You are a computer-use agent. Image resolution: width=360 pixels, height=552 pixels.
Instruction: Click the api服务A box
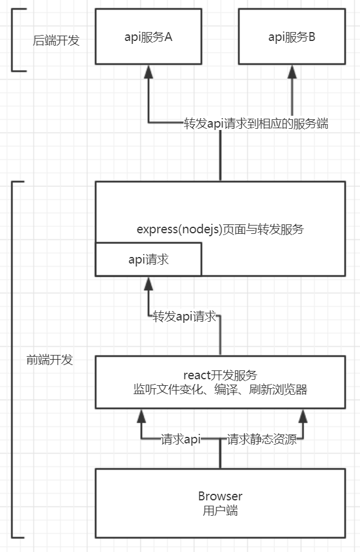point(149,37)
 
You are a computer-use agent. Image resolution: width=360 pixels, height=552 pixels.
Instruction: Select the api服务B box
point(292,37)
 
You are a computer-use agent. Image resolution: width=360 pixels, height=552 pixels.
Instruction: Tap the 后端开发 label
point(56,41)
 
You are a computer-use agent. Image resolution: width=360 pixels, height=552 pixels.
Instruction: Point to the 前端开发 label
point(50,360)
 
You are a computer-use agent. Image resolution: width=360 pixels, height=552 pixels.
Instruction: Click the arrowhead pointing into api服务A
point(149,71)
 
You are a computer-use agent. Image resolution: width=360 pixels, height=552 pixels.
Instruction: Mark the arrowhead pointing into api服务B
point(292,71)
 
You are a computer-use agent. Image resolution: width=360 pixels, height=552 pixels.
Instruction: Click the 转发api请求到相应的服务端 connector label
point(255,124)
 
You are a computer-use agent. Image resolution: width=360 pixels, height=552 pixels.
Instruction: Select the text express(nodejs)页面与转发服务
point(220,229)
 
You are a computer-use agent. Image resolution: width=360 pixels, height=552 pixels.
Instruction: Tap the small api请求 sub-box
point(149,259)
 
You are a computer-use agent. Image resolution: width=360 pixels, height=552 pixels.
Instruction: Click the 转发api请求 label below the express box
point(184,316)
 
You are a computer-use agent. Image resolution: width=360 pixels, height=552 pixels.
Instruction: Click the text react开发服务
point(220,375)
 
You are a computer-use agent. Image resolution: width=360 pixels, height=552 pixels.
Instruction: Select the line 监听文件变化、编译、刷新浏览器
point(220,390)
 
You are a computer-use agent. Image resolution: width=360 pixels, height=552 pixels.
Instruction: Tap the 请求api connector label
point(181,439)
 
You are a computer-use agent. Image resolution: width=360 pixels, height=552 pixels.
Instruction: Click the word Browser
point(220,496)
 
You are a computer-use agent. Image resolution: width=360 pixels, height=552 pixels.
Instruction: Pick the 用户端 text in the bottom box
point(220,510)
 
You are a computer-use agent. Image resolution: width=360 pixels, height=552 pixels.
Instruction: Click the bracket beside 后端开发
point(13,40)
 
